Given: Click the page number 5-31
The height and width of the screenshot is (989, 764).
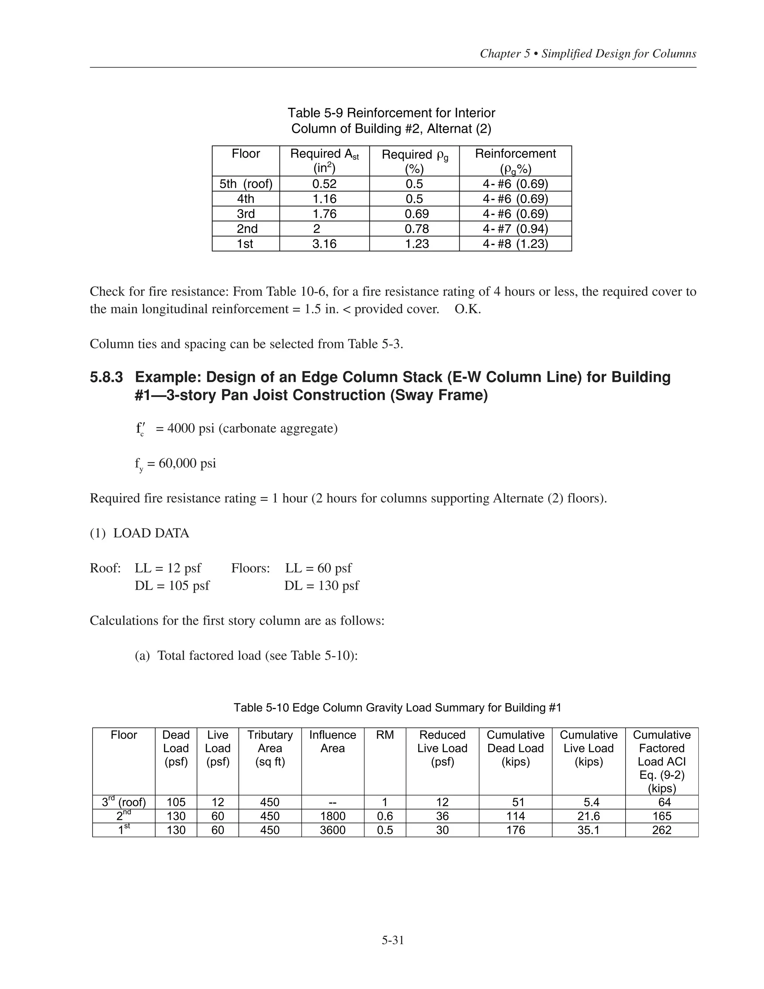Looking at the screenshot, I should tap(392, 940).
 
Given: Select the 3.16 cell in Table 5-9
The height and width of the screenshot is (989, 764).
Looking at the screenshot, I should tap(324, 244).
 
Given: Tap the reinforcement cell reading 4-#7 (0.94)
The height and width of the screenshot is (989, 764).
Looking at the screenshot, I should tap(515, 229).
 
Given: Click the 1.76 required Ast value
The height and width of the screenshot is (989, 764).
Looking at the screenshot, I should tap(324, 214).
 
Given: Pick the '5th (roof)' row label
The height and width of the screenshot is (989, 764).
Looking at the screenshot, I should tap(246, 184).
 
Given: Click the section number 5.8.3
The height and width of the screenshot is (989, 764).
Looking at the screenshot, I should tap(106, 377).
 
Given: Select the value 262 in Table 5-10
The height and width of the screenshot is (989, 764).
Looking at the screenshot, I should tap(661, 830).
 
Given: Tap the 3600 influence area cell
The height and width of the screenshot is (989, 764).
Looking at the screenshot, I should tap(332, 830).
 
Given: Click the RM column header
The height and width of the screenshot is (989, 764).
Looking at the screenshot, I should tap(385, 735).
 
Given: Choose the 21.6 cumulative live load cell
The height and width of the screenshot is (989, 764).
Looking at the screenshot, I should tap(588, 817).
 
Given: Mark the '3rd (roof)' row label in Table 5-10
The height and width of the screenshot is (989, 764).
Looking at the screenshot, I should tap(123, 802).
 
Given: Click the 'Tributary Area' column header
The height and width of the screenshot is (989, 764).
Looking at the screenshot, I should tap(270, 748).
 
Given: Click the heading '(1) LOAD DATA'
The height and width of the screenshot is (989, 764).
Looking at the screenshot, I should tap(140, 533).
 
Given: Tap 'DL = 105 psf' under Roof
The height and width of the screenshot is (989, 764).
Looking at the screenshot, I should tap(172, 586).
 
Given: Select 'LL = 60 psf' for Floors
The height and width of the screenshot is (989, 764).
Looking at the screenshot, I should tap(318, 568).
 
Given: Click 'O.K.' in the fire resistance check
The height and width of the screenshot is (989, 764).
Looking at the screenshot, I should tap(467, 309).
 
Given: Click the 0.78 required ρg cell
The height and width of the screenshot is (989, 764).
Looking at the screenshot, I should tap(416, 229).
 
